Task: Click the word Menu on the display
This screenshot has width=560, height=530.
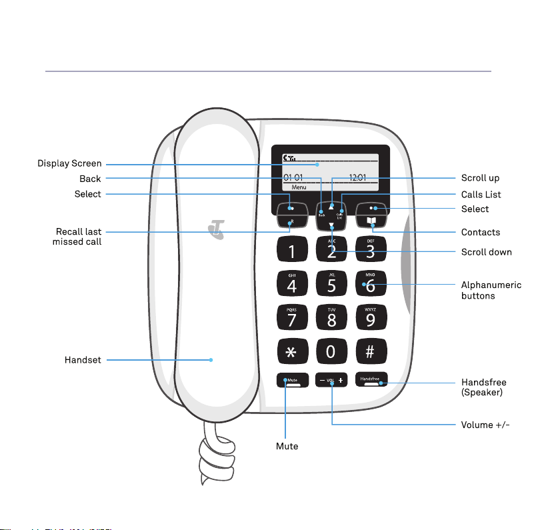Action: pos(299,188)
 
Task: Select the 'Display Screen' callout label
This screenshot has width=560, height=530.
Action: pos(69,163)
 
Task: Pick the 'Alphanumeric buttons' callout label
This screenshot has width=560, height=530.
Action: pos(491,290)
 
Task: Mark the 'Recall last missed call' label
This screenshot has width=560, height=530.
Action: pos(79,237)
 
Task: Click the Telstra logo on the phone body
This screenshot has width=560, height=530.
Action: pos(215,231)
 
